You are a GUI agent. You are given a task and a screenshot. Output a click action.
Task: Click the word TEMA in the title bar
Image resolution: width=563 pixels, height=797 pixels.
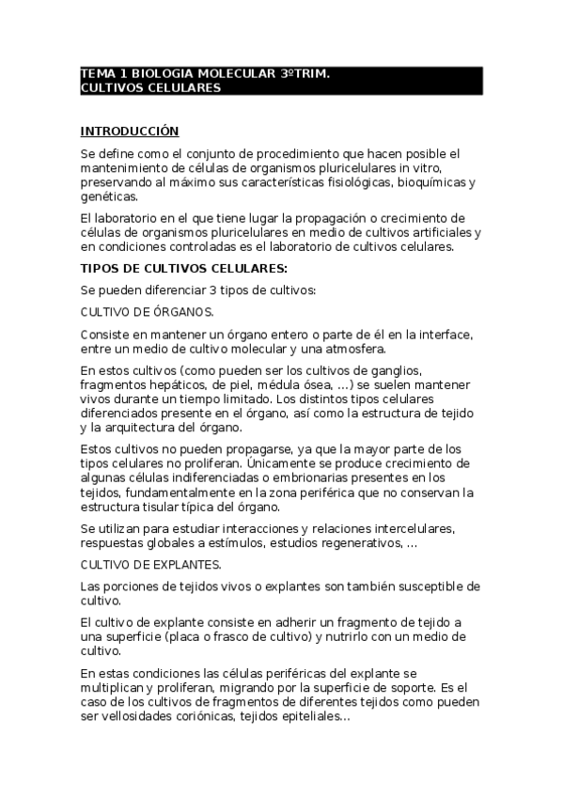[x=95, y=73]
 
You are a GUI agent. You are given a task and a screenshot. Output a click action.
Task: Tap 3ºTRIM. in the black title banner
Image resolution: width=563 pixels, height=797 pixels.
[x=305, y=73]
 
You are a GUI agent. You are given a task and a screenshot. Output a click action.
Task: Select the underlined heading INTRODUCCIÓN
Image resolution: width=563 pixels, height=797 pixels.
[x=129, y=131]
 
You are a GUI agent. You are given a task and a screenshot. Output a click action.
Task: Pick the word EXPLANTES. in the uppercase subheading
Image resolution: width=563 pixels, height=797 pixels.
[x=185, y=565]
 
